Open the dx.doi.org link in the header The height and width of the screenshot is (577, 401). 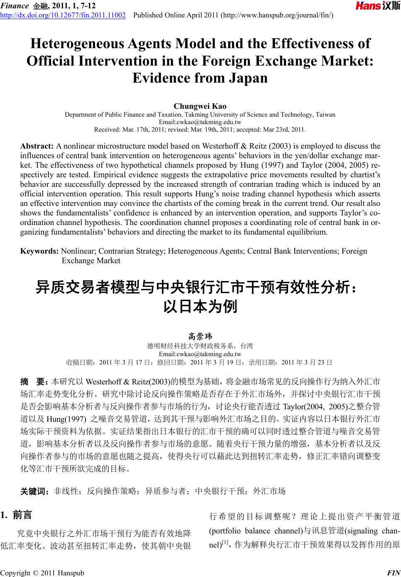click(x=63, y=15)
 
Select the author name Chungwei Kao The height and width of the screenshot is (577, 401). click(x=200, y=106)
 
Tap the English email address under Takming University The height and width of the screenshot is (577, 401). click(x=200, y=122)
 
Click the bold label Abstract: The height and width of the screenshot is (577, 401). click(x=37, y=146)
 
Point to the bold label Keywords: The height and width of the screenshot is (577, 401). click(x=39, y=251)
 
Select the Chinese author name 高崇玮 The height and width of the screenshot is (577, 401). click(x=200, y=336)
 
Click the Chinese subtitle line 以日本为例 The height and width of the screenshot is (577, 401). click(x=200, y=306)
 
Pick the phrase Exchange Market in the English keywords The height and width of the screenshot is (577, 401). click(x=91, y=261)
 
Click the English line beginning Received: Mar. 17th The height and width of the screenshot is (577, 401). click(x=200, y=129)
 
